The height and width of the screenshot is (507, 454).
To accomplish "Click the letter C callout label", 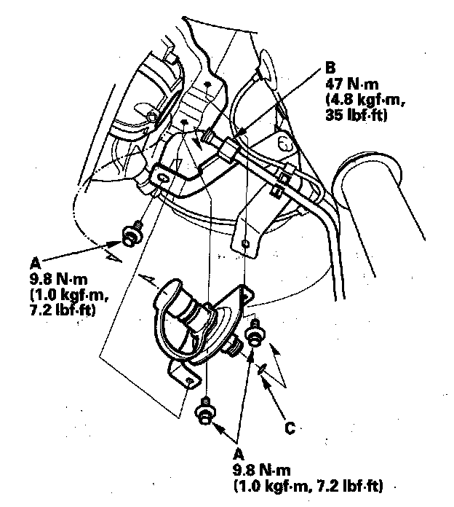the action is pyautogui.click(x=290, y=428).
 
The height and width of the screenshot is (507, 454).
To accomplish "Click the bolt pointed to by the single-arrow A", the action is pyautogui.click(x=132, y=236).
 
